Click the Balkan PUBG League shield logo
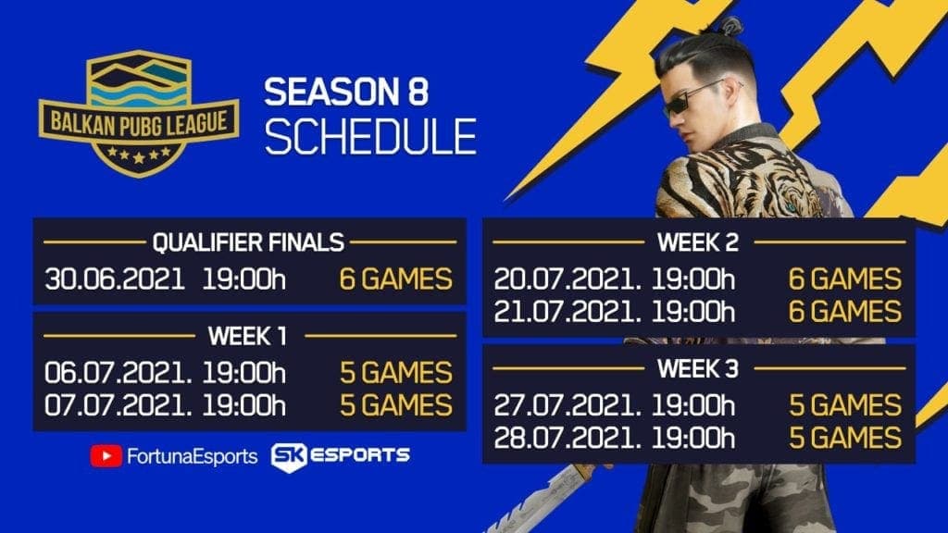point(139,114)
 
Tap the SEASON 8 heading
point(346,92)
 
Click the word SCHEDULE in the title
point(370,136)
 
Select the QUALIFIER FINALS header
point(248,242)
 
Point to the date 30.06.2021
point(115,279)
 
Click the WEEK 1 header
point(247,336)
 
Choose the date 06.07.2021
point(118,373)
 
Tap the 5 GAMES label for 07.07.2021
point(396,405)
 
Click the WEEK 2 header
point(698,242)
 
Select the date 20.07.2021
point(568,279)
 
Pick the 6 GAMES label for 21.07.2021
point(845,312)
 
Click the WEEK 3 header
point(698,368)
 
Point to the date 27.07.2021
point(568,405)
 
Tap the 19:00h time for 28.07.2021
point(693,438)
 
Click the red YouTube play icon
point(106,456)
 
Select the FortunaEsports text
point(193,456)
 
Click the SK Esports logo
point(341,457)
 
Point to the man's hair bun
point(730,26)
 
